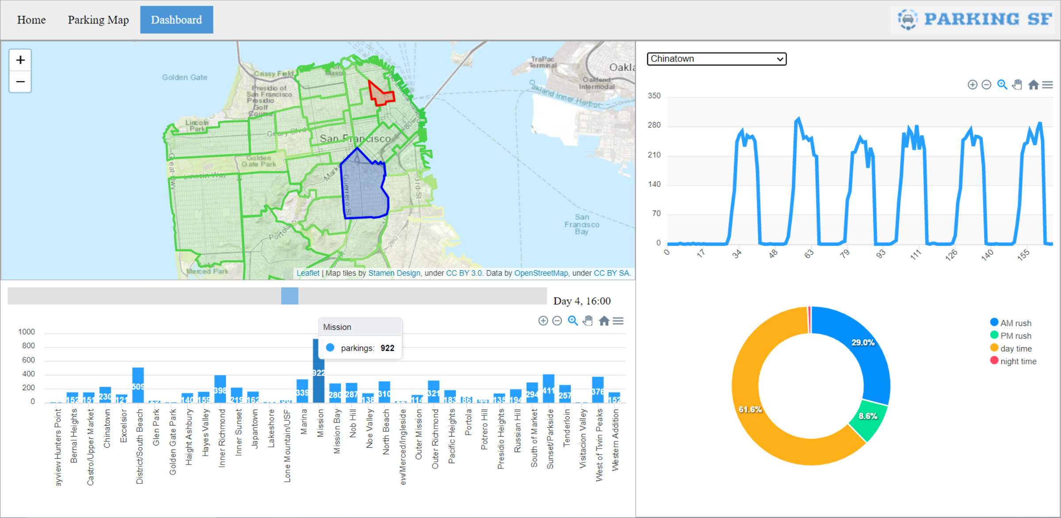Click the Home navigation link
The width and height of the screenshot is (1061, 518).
pyautogui.click(x=31, y=20)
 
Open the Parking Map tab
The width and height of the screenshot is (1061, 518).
pyautogui.click(x=98, y=20)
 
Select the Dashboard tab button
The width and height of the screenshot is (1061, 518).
pyautogui.click(x=176, y=20)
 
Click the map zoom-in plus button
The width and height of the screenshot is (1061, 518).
pyautogui.click(x=20, y=60)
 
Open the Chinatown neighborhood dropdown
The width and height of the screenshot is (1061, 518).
pyautogui.click(x=716, y=59)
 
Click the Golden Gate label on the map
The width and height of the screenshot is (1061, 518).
pyautogui.click(x=184, y=77)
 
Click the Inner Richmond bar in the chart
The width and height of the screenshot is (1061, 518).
pyautogui.click(x=220, y=389)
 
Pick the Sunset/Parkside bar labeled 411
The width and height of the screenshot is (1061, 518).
pyautogui.click(x=549, y=388)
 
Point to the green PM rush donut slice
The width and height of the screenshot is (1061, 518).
pyautogui.click(x=867, y=419)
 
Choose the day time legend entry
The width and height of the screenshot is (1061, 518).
pyautogui.click(x=1015, y=349)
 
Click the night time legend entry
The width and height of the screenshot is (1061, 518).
pyautogui.click(x=1018, y=361)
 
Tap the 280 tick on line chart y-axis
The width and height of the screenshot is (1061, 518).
pyautogui.click(x=654, y=125)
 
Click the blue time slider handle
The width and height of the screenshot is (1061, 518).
pyautogui.click(x=290, y=296)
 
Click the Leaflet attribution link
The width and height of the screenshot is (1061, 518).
pyautogui.click(x=308, y=273)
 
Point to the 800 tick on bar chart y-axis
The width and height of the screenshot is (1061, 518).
pyautogui.click(x=28, y=345)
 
